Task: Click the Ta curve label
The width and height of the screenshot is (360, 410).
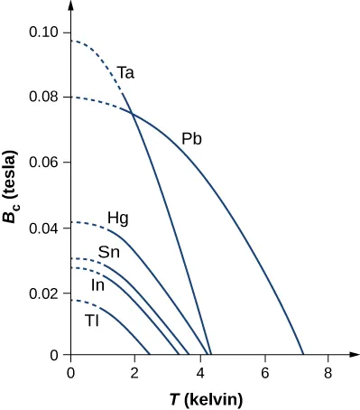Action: pos(126,72)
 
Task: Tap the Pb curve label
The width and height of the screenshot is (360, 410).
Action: pos(191,139)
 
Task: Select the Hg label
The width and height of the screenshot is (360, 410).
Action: pos(118,218)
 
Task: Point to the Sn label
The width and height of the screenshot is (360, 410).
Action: pos(109,252)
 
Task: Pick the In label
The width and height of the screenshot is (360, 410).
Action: pos(99,285)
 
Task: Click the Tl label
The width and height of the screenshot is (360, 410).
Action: pos(92,320)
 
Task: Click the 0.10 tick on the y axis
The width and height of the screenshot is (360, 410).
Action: pos(45,33)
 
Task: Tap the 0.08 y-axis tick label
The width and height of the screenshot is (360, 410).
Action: pos(45,98)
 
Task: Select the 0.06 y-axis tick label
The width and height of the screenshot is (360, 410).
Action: pos(45,163)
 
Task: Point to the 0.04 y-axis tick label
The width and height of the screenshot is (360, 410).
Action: pos(45,228)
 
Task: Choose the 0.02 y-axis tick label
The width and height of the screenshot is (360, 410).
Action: pos(45,293)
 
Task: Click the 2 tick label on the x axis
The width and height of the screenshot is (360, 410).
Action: pos(135,372)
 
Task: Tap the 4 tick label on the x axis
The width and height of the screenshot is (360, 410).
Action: pos(200,372)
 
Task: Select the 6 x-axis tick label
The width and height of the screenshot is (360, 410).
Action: pos(265,372)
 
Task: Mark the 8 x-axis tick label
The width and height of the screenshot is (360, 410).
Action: pos(329,372)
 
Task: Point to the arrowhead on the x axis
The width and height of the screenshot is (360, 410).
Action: pos(346,357)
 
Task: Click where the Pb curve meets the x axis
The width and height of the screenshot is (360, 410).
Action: pos(304,356)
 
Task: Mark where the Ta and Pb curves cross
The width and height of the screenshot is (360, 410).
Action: pos(133,112)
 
